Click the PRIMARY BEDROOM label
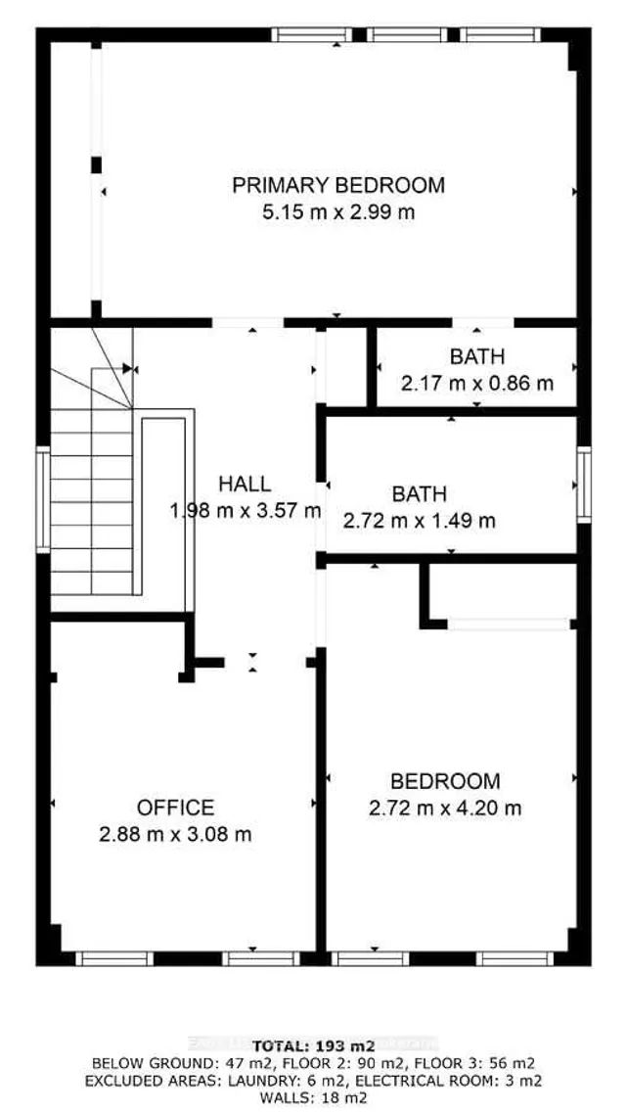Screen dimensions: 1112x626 [x=337, y=185]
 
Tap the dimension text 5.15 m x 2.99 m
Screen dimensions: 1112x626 [x=337, y=211]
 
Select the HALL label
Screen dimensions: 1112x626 [x=245, y=484]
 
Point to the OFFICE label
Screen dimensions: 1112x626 [x=175, y=808]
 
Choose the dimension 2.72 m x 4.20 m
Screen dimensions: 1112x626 [x=445, y=809]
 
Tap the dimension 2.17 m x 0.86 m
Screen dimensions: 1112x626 [x=477, y=383]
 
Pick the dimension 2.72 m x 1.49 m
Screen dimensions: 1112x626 [x=419, y=521]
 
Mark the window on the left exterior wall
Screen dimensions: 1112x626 [x=43, y=499]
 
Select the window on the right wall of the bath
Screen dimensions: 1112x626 [x=583, y=484]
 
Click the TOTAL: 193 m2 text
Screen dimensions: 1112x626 [x=312, y=1045]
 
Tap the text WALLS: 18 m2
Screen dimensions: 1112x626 [x=312, y=1098]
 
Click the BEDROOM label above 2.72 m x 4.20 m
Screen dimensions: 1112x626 [x=445, y=781]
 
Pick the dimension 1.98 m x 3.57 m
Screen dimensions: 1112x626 [x=246, y=510]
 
